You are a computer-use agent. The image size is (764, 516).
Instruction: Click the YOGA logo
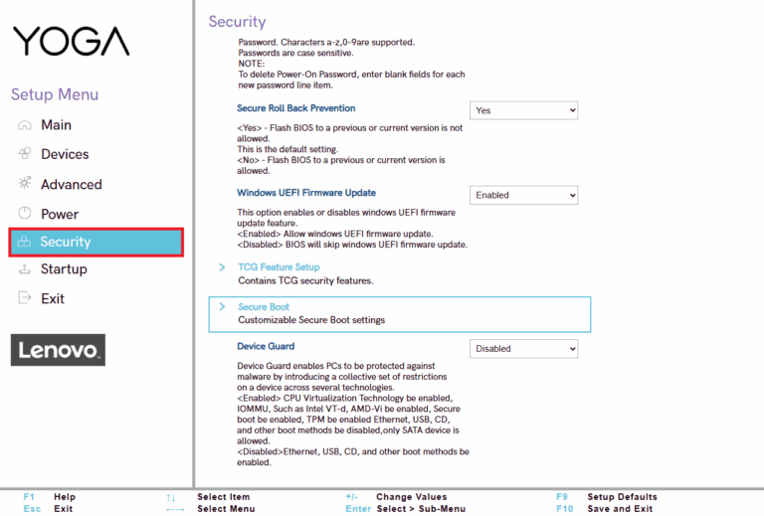tap(71, 41)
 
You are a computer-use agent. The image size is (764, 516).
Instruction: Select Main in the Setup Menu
tap(56, 125)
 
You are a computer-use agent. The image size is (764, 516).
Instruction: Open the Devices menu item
tap(65, 154)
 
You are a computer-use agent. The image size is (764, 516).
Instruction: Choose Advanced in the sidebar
tap(71, 184)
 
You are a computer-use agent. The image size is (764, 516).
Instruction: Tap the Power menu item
tap(60, 214)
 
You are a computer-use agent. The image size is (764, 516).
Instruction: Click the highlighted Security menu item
tap(95, 242)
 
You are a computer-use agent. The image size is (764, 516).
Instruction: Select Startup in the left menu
tap(64, 269)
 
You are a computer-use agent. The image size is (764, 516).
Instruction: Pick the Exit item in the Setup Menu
tap(53, 298)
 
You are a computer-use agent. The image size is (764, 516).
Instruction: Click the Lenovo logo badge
tap(58, 350)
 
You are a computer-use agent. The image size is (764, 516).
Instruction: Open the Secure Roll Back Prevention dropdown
tap(523, 110)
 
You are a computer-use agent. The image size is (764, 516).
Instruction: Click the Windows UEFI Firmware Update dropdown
tap(523, 195)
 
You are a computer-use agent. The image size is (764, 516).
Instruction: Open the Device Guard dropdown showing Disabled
tap(523, 349)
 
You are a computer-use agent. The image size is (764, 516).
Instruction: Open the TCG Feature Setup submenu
tap(279, 267)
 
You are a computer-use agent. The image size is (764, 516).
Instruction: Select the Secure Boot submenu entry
tap(264, 307)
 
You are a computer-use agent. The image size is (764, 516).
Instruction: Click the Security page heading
tap(237, 21)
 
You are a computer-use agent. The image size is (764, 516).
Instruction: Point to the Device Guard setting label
tap(266, 346)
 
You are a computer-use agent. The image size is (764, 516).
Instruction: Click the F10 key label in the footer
tap(565, 509)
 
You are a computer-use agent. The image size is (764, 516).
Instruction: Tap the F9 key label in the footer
tap(563, 497)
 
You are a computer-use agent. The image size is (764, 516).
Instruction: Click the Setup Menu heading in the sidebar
tap(55, 94)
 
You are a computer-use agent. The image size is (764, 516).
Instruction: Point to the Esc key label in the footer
tap(32, 509)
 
